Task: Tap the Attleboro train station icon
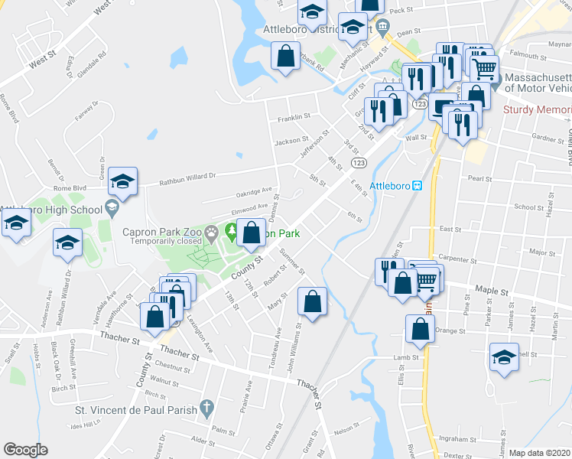pyautogui.click(x=418, y=185)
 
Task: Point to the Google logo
pyautogui.click(x=25, y=450)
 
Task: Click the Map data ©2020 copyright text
pyautogui.click(x=539, y=453)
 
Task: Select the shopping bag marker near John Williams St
pyautogui.click(x=312, y=301)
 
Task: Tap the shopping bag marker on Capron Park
pyautogui.click(x=252, y=232)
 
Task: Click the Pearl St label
pyautogui.click(x=479, y=178)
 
